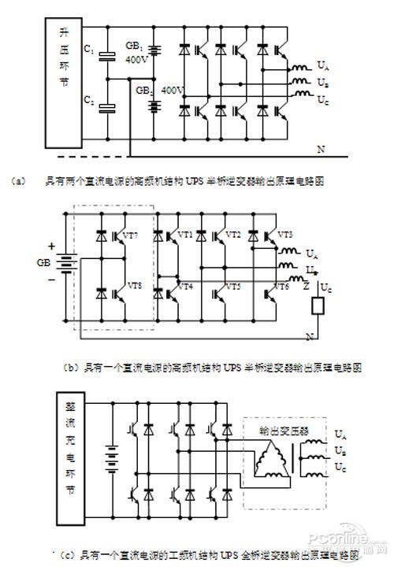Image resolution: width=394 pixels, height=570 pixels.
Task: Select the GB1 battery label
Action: click(x=133, y=47)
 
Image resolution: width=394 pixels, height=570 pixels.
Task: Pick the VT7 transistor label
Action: click(x=130, y=235)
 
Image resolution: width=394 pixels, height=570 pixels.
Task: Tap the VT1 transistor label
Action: click(x=185, y=235)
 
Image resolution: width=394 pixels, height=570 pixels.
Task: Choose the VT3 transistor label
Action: click(x=286, y=235)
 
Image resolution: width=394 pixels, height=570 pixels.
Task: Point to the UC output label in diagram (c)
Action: click(x=340, y=468)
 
